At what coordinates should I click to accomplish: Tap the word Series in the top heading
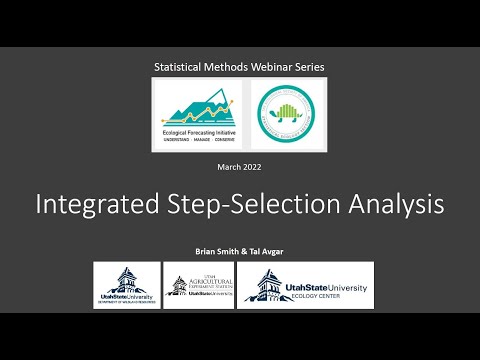(x=307, y=67)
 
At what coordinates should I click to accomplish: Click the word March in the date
(x=230, y=166)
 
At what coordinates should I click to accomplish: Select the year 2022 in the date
(x=254, y=166)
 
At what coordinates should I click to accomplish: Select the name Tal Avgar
(x=267, y=250)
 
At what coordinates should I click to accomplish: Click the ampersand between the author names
(x=242, y=250)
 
